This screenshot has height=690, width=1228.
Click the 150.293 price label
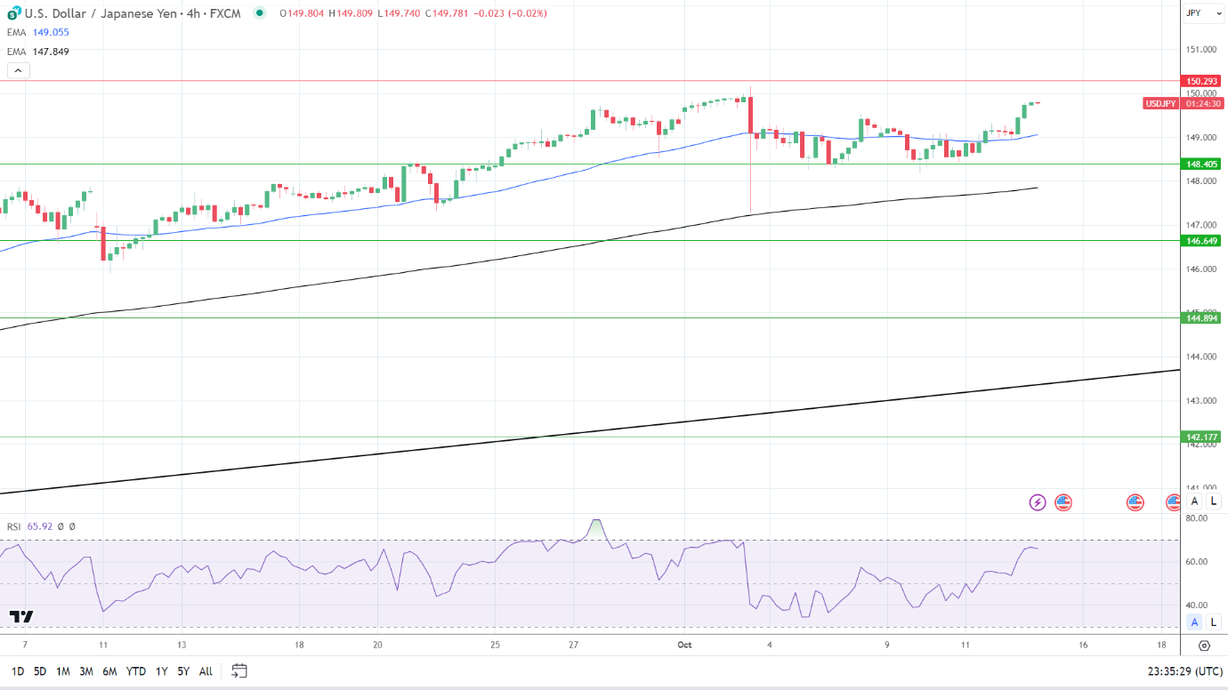1201,81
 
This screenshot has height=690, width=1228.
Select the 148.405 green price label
1201,164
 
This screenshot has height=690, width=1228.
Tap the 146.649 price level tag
1201,240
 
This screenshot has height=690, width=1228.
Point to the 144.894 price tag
1201,317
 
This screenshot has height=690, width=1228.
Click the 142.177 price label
1201,437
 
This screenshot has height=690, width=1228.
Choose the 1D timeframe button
17,671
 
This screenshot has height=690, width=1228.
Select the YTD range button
136,671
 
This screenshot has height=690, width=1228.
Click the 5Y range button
183,671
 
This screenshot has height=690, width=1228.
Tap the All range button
206,671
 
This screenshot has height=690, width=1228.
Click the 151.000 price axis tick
1200,50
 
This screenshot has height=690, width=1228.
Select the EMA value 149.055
51,32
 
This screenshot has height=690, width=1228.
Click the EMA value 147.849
51,52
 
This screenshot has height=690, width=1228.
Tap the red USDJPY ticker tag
1160,103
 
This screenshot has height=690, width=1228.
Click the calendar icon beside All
238,670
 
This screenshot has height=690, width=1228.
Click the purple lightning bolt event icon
1038,502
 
